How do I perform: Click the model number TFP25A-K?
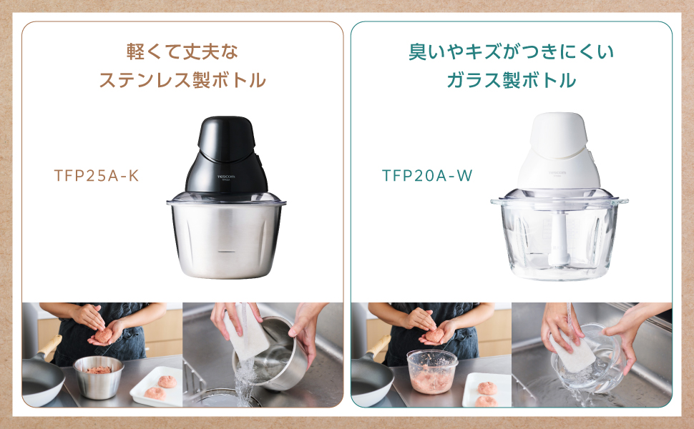click(x=96, y=176)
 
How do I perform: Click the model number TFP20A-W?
click(x=427, y=176)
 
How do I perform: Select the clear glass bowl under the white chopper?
click(x=559, y=240)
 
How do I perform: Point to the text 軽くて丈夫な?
click(x=182, y=52)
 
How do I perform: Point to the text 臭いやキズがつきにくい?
click(x=511, y=52)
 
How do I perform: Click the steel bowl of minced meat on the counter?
click(x=98, y=376)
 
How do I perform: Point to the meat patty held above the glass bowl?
click(x=434, y=334)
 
